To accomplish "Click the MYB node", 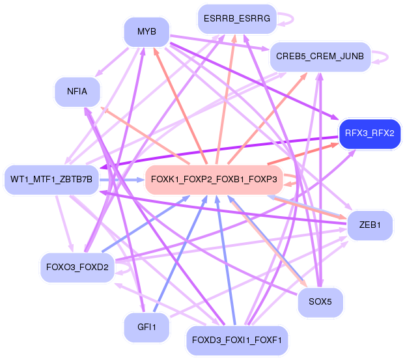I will [147, 32].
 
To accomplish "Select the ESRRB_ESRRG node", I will [237, 19].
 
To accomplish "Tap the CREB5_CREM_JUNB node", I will [320, 56].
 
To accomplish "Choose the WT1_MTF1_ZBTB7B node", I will [51, 178].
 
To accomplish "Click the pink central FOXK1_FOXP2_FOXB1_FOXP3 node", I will [214, 178].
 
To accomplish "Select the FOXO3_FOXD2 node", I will [77, 266].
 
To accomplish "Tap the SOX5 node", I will [320, 301].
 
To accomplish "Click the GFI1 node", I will [147, 327].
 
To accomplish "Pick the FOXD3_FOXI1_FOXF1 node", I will [237, 340].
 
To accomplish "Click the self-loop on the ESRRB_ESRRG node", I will [288, 19].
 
